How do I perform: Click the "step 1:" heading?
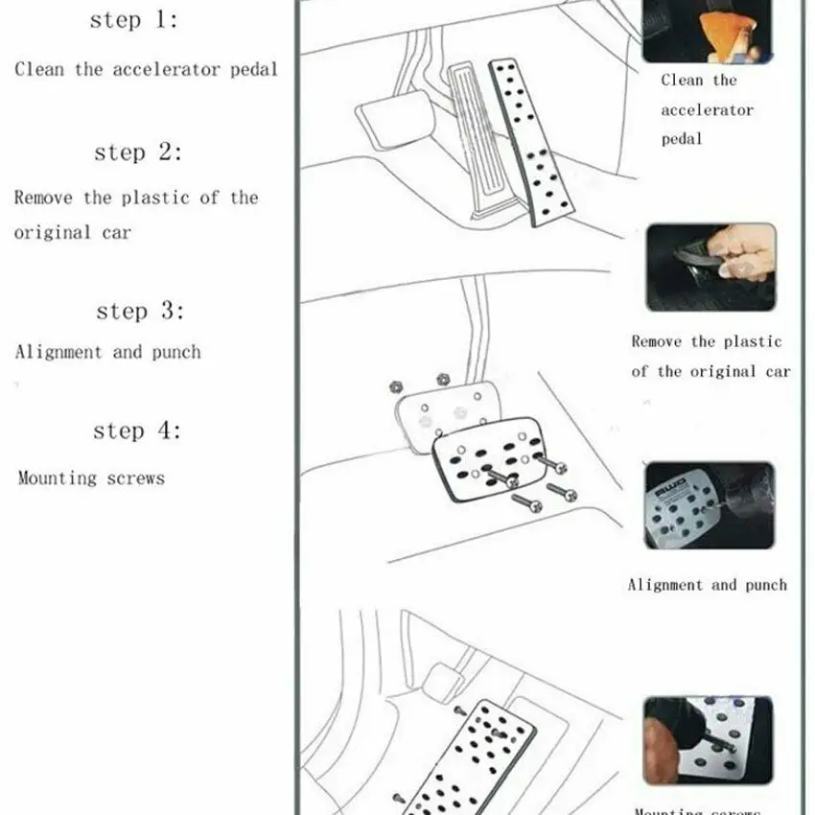(133, 21)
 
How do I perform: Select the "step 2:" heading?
(137, 152)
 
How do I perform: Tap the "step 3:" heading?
(139, 312)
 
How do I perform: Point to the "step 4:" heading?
(136, 431)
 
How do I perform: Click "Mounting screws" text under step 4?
(91, 477)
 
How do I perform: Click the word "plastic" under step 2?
(157, 198)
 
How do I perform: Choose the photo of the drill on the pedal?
(709, 504)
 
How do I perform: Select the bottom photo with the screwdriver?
(708, 740)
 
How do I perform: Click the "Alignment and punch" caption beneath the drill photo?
(707, 585)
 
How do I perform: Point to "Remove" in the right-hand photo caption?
(657, 342)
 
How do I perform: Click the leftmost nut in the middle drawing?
(394, 386)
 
